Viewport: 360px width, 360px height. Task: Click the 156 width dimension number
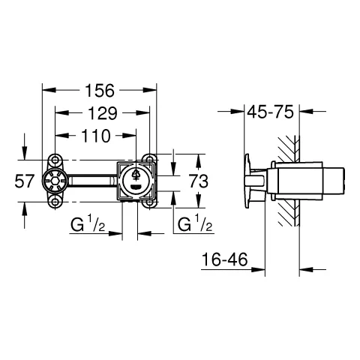100,91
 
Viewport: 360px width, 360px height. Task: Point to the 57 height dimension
25,181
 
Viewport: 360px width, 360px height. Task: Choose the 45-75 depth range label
270,112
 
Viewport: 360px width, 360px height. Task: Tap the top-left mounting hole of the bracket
54,159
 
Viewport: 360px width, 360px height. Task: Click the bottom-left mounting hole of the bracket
54,202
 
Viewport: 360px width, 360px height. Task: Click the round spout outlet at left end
55,181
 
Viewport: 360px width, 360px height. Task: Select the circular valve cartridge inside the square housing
136,180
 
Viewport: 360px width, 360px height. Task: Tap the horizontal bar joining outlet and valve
91,181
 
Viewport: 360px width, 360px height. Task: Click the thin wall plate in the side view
247,181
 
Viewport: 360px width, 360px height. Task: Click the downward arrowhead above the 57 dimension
25,154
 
